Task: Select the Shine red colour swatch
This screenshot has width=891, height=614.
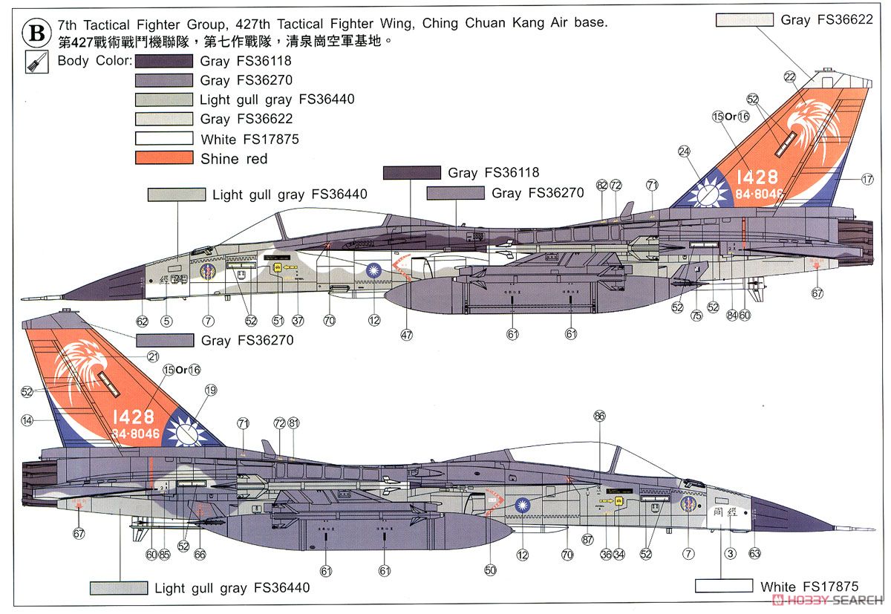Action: coord(164,158)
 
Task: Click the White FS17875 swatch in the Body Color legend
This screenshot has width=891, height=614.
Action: coord(164,139)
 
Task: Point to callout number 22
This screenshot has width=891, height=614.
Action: coord(789,76)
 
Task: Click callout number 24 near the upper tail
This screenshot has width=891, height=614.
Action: coord(684,151)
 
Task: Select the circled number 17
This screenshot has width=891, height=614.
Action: coord(867,179)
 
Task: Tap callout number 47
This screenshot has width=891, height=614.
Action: coord(407,334)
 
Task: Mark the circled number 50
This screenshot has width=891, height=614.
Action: coord(489,571)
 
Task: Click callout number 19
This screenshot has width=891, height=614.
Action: coord(211,391)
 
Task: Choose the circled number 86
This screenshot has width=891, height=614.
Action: coord(600,417)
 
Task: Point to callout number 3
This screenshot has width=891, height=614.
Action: coord(731,554)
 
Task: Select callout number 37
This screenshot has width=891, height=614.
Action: coord(298,321)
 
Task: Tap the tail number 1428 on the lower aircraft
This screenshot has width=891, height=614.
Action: coord(134,417)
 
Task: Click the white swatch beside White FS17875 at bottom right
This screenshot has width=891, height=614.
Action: coord(724,587)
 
